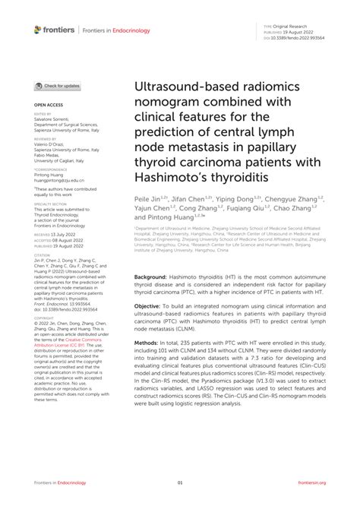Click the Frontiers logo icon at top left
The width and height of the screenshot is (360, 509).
[x=39, y=29]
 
